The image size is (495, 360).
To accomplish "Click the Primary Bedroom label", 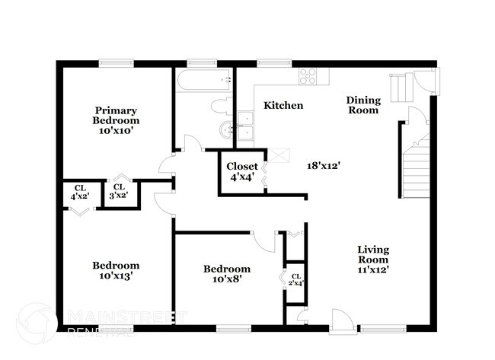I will (116, 115).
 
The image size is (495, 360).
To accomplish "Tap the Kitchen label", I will (283, 106).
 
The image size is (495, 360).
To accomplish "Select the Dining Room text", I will (362, 105).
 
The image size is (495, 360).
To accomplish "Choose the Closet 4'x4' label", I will (242, 171).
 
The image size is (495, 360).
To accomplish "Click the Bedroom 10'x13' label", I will (116, 271).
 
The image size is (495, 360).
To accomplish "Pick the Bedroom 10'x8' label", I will (226, 274).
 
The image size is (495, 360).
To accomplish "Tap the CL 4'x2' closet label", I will (80, 192).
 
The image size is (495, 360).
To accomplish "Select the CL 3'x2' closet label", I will (119, 191).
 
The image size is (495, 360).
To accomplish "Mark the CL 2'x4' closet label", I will (295, 279).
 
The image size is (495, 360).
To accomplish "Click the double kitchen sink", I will (245, 126).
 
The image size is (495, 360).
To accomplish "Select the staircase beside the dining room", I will (416, 167).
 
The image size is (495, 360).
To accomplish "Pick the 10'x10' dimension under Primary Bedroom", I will (116, 131).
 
